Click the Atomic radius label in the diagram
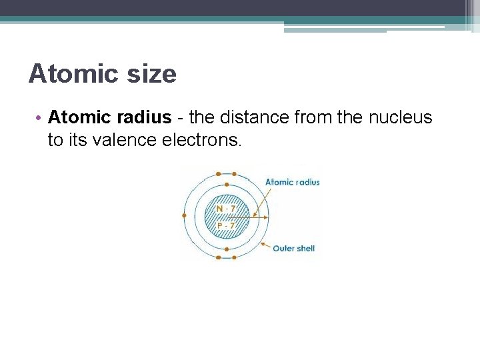click(293, 182)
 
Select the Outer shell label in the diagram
click(294, 249)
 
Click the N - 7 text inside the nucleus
click(226, 209)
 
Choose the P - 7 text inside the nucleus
click(226, 225)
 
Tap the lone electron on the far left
click(184, 215)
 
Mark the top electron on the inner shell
click(227, 185)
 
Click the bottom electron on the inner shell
click(227, 249)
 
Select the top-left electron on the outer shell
click(219, 174)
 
